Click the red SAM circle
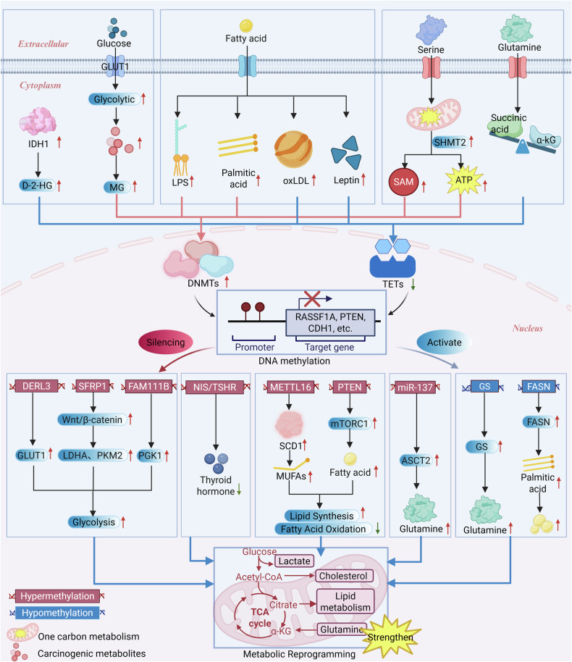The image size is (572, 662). (x=403, y=182)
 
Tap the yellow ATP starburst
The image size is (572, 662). (x=464, y=180)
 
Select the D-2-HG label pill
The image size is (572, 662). (x=37, y=185)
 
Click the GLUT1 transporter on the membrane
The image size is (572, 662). (x=115, y=67)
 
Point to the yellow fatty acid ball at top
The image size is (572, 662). (x=246, y=26)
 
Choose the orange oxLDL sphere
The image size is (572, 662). (x=293, y=149)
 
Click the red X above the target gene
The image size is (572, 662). (x=312, y=298)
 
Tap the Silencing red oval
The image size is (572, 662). (x=166, y=342)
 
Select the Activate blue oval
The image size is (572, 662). (x=444, y=342)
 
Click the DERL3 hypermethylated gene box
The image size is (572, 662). (x=36, y=386)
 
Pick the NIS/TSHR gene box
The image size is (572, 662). (x=215, y=387)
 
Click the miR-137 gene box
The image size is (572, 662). (x=416, y=387)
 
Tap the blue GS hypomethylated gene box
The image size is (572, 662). (x=484, y=386)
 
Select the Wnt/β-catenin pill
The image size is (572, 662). (x=92, y=419)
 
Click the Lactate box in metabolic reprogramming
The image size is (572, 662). (x=294, y=561)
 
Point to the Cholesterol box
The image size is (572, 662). (x=343, y=576)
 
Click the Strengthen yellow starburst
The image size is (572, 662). (x=390, y=637)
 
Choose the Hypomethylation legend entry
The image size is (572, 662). (x=57, y=613)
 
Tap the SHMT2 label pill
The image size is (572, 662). (x=450, y=142)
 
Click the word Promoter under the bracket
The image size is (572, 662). (x=255, y=347)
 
